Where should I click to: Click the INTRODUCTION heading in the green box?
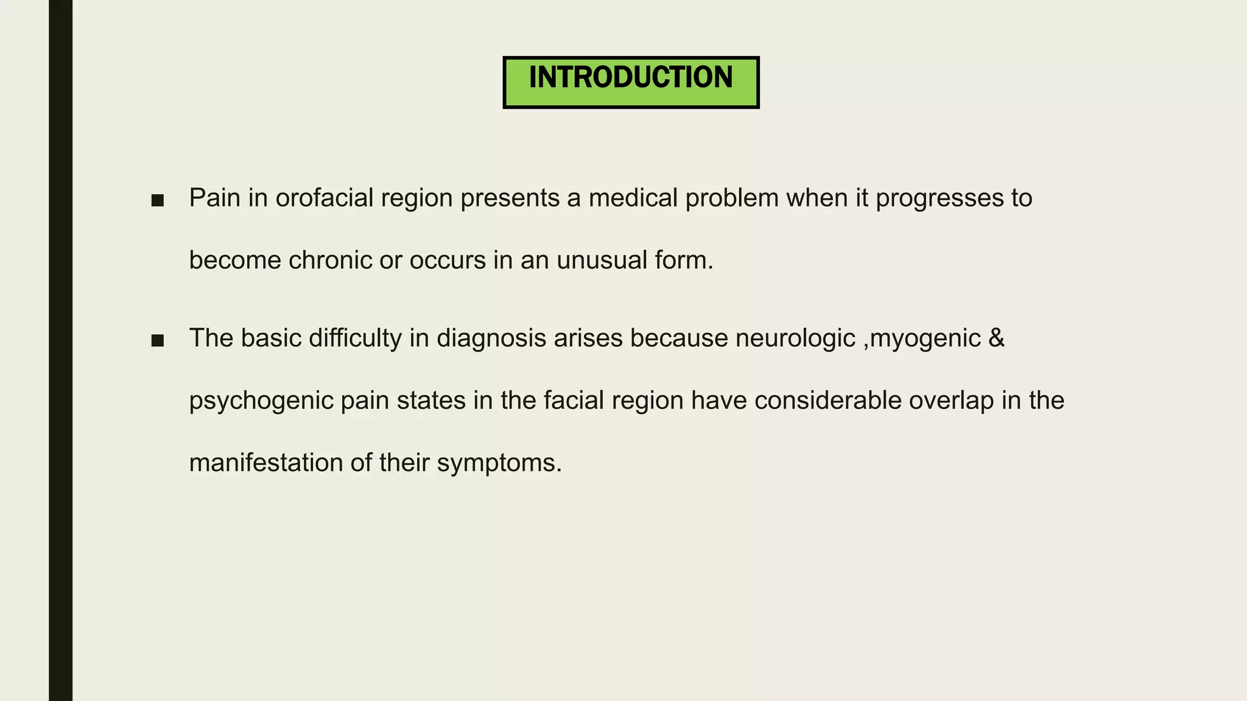pyautogui.click(x=631, y=78)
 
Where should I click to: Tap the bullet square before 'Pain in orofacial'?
pyautogui.click(x=158, y=201)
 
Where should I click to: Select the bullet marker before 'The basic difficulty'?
pyautogui.click(x=158, y=341)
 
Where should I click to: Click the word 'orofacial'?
pyautogui.click(x=324, y=198)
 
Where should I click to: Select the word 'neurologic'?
pyautogui.click(x=795, y=338)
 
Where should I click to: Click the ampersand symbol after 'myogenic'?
pyautogui.click(x=997, y=338)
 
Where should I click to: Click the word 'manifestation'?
pyautogui.click(x=265, y=462)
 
